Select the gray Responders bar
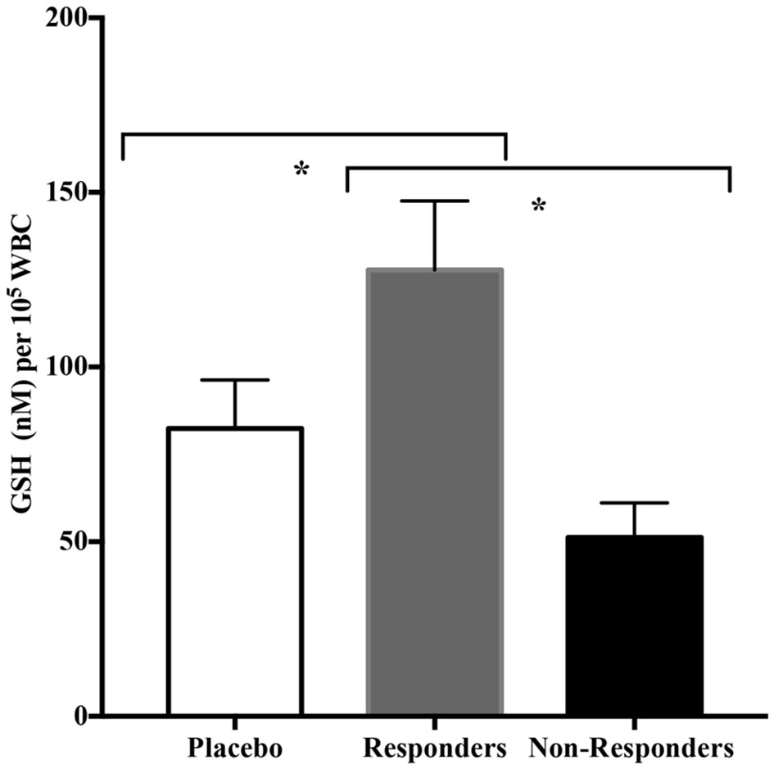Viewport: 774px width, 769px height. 434,491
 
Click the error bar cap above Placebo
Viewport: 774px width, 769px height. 235,380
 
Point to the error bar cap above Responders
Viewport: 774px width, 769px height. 434,201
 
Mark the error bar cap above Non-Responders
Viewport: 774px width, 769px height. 634,503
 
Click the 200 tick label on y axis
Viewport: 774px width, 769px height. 61,18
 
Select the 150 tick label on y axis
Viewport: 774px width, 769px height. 61,192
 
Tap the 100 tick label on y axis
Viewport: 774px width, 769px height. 61,367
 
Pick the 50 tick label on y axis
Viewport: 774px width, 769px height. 67,541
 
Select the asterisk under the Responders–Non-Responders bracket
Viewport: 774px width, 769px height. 538,206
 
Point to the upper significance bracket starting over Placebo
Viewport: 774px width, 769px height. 314,134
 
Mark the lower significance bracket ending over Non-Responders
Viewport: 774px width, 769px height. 538,169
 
